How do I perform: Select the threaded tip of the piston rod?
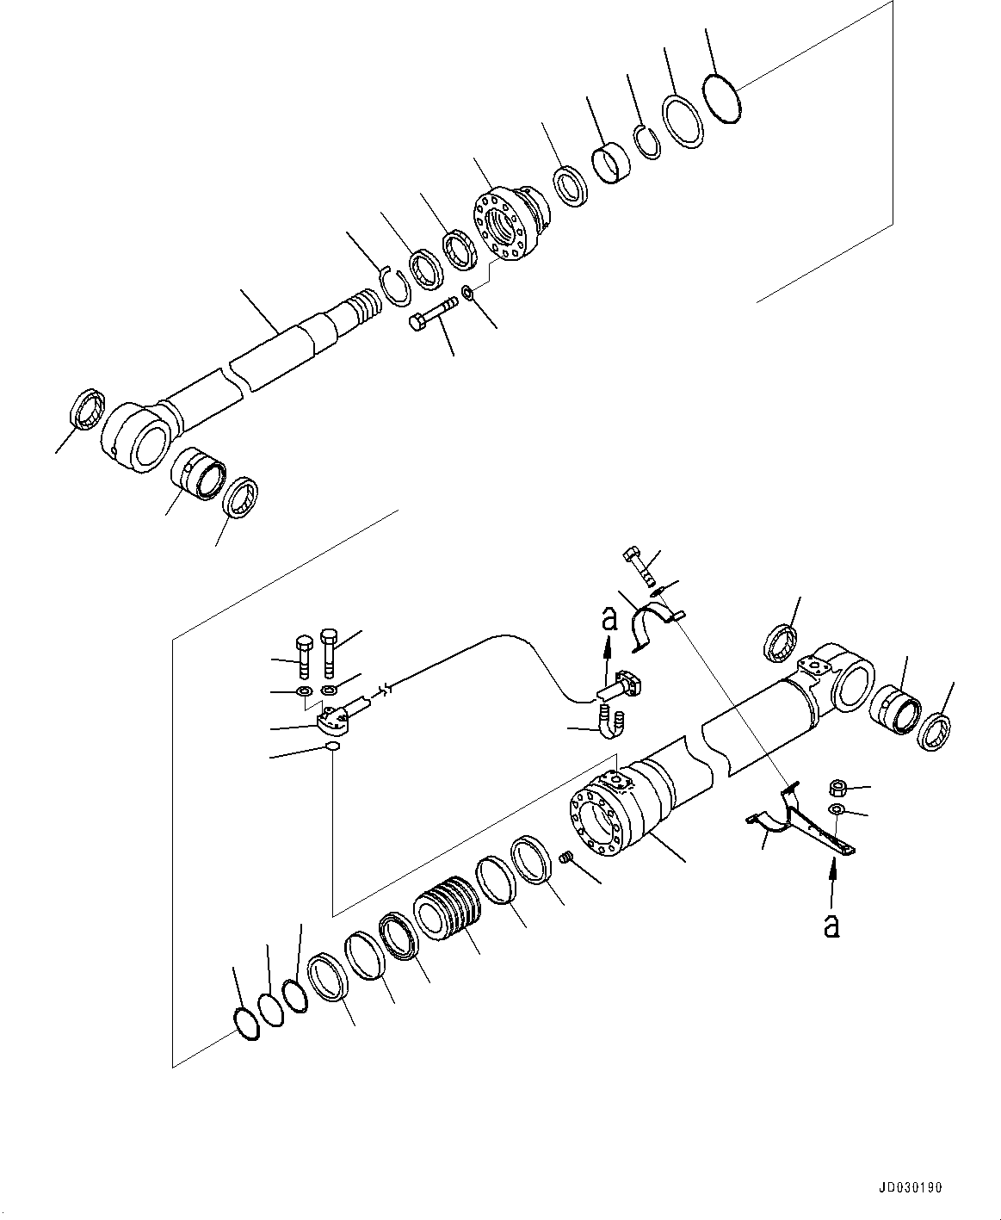tap(362, 306)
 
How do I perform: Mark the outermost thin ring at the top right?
tap(720, 98)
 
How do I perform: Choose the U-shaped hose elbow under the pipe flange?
tap(610, 721)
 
